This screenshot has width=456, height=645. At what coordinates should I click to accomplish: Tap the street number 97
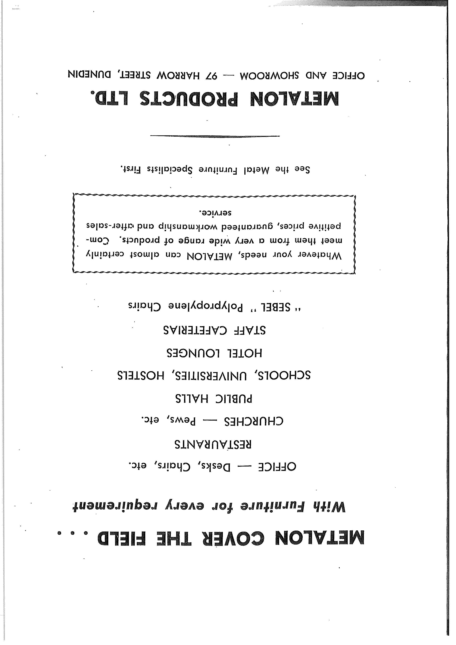click(211, 75)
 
